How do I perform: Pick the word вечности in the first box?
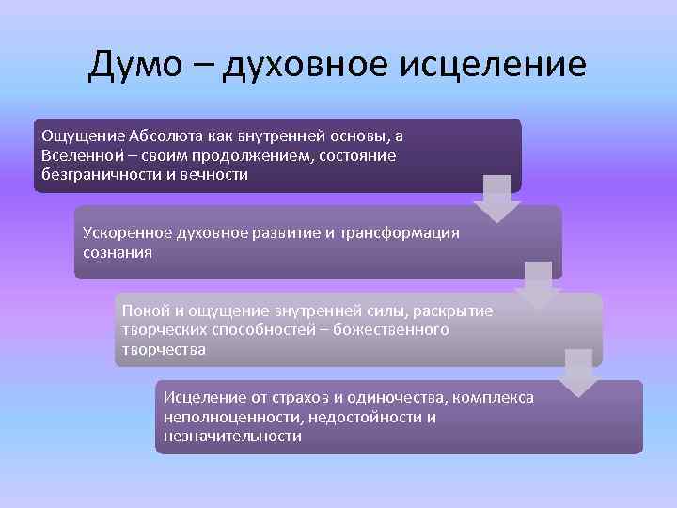point(217,174)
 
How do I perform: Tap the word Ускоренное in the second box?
point(124,232)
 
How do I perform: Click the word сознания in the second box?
point(117,252)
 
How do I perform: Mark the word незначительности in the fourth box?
point(232,437)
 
